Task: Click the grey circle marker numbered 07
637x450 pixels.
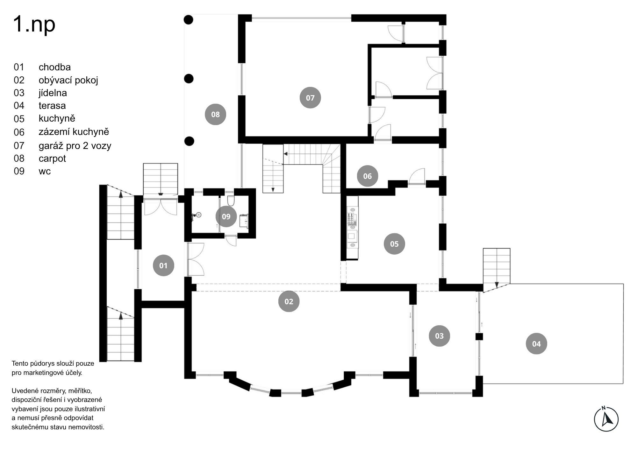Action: point(310,98)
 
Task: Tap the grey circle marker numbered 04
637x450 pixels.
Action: point(536,344)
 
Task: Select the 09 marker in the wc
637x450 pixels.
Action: point(226,216)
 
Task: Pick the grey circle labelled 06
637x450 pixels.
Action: point(367,176)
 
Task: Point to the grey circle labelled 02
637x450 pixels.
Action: point(289,301)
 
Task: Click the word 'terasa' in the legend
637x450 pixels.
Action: point(52,105)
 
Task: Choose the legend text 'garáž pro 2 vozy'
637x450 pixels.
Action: point(75,146)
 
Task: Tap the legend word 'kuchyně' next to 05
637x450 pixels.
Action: point(57,118)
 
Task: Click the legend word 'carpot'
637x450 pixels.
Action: point(52,158)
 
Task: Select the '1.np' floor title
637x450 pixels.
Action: point(34,25)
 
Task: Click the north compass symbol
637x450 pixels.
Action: point(606,419)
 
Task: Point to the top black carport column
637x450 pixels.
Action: point(189,20)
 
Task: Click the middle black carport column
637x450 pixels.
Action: point(189,79)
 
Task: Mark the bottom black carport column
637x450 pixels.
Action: point(189,141)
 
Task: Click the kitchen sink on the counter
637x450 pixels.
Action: point(352,236)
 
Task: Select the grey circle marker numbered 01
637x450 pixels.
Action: point(163,265)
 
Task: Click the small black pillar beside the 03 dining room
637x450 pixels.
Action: point(479,336)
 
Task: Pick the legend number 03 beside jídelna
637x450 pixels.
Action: point(19,93)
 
